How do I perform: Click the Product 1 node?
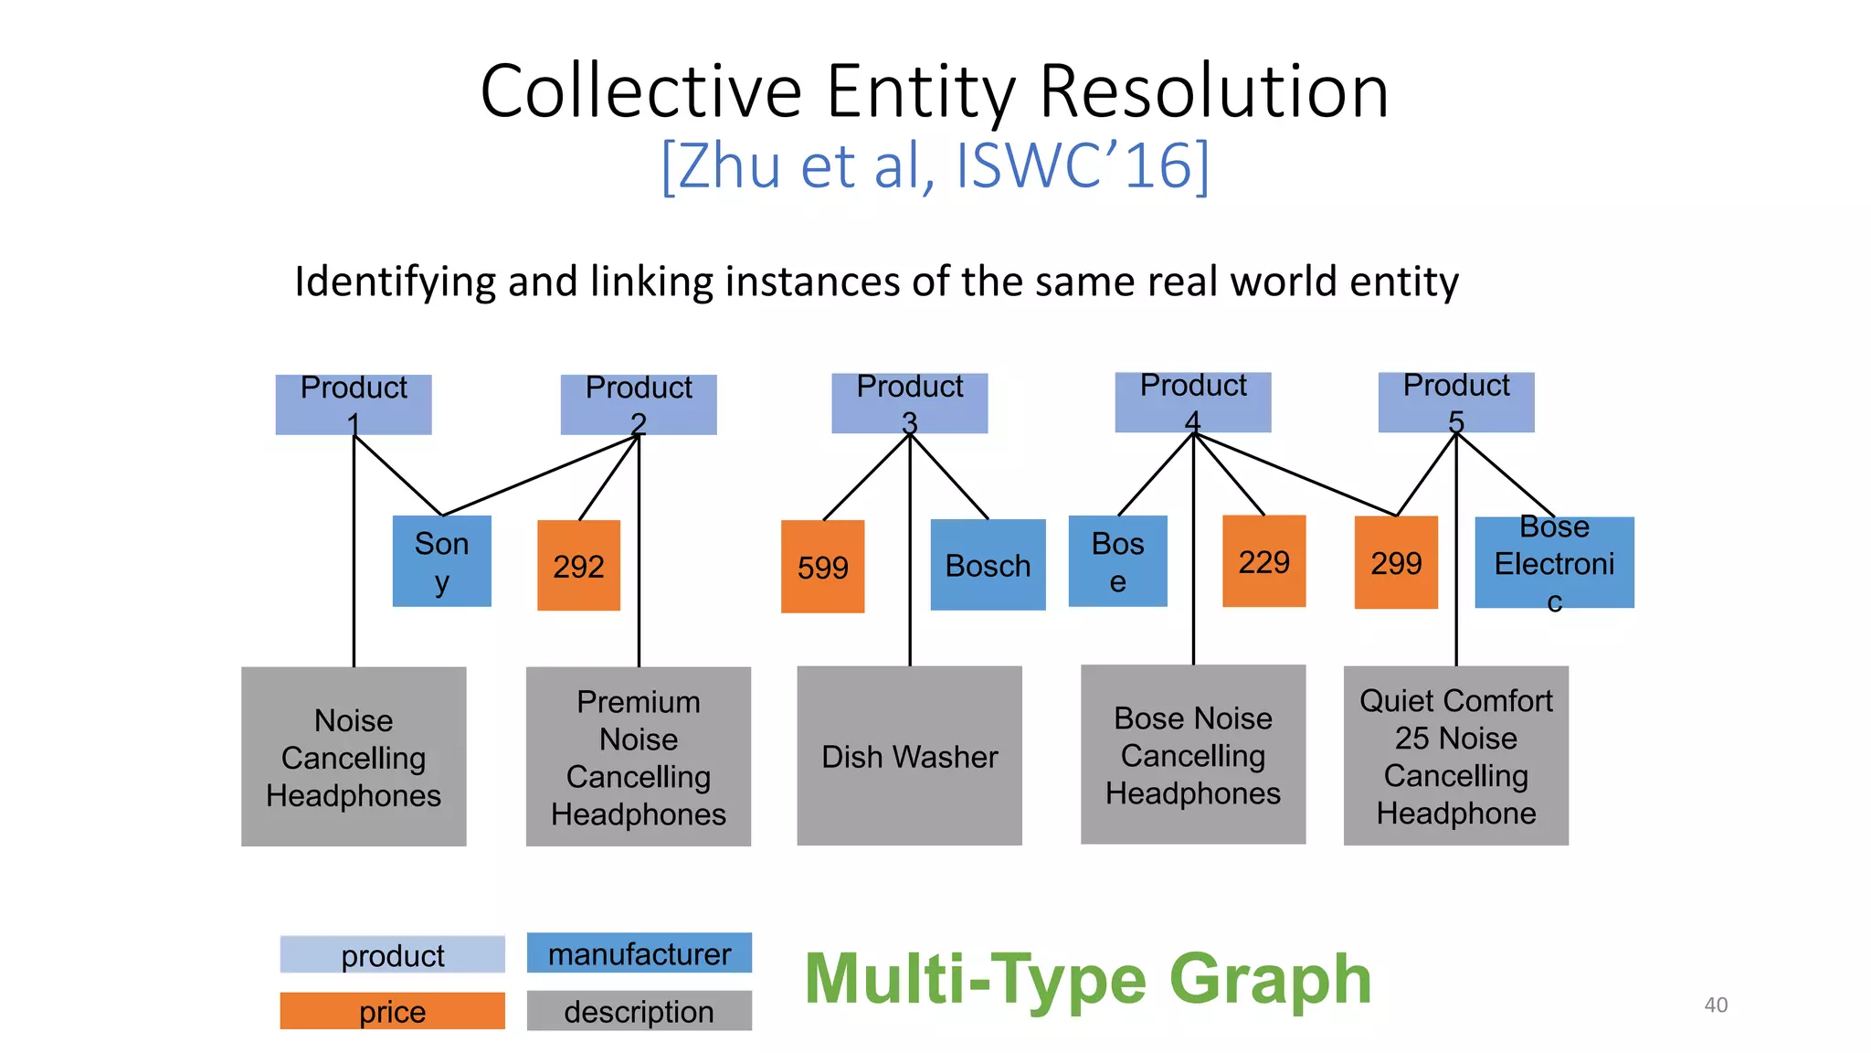click(x=354, y=404)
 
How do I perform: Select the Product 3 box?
click(x=909, y=403)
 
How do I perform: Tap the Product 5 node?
click(x=1455, y=402)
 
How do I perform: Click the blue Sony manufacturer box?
click(x=441, y=561)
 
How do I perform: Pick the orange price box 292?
click(x=578, y=566)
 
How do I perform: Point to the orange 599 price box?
click(x=822, y=567)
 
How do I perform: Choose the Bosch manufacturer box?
click(x=988, y=565)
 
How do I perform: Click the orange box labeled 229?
click(x=1263, y=561)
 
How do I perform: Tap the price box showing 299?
click(x=1395, y=562)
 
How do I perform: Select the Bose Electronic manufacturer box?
click(x=1554, y=562)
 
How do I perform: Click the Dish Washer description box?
click(x=909, y=756)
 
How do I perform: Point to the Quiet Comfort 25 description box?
click(x=1455, y=756)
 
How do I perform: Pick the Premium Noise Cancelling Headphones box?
click(x=638, y=757)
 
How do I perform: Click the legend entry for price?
click(x=392, y=1011)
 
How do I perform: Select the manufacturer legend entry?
click(x=639, y=953)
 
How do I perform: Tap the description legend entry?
click(x=639, y=1011)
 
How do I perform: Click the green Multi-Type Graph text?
click(x=1087, y=979)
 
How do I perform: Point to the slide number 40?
click(x=1716, y=1005)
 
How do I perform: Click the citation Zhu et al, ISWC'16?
click(x=935, y=166)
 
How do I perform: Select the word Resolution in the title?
click(x=1213, y=91)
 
